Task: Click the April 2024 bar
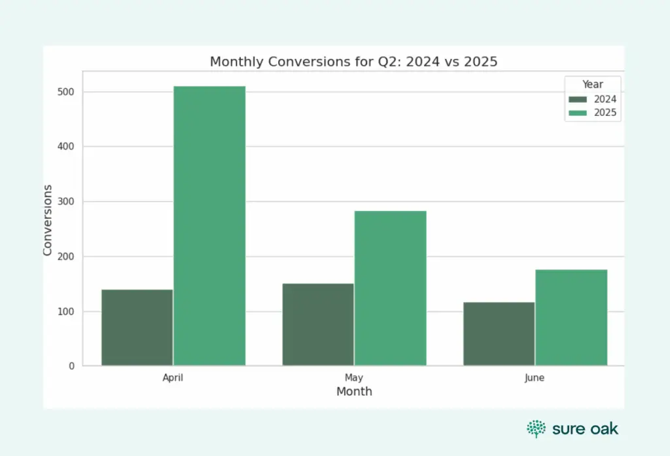[137, 328]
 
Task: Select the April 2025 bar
[209, 226]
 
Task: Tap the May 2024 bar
[318, 324]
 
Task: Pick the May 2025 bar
[391, 288]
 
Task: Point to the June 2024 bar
[499, 334]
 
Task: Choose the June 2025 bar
[571, 318]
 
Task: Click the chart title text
[354, 62]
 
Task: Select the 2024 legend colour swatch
[578, 100]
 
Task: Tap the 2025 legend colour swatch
[578, 113]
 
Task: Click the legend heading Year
[593, 85]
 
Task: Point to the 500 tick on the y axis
[65, 92]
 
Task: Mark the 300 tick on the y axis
[65, 202]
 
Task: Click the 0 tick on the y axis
[71, 366]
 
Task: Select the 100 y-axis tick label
[65, 312]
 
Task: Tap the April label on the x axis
[173, 378]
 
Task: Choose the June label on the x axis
[535, 378]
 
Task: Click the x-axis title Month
[354, 392]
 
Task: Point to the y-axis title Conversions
[48, 219]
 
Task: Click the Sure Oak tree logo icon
[536, 429]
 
